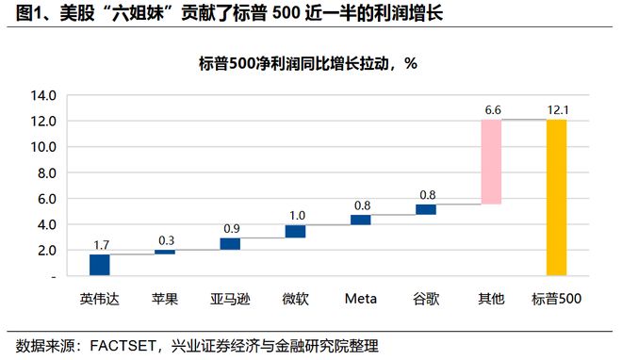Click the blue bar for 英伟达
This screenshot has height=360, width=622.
point(100,265)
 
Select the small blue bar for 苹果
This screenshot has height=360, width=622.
point(165,252)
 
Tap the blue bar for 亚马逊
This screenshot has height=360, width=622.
point(230,243)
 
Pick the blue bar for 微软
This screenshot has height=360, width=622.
point(295,231)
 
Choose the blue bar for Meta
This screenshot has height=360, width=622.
point(360,220)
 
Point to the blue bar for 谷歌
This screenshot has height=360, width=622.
point(426,209)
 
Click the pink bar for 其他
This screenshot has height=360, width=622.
point(491,161)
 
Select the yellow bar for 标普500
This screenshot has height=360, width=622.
point(556,197)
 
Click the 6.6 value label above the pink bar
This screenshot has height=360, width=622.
point(491,109)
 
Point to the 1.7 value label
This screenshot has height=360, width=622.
point(100,244)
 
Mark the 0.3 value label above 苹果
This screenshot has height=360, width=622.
point(165,239)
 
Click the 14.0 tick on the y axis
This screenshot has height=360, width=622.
point(43,95)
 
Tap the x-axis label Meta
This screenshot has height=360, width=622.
point(360,299)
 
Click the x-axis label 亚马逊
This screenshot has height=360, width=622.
point(230,299)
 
